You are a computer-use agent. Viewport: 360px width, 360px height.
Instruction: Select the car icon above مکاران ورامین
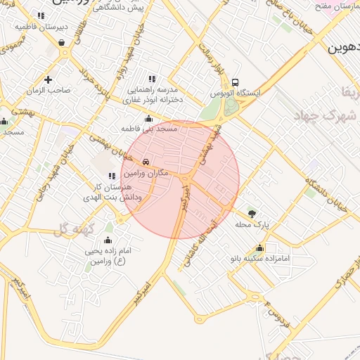[x=146, y=161]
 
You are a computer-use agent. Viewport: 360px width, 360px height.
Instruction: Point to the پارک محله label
[x=252, y=225]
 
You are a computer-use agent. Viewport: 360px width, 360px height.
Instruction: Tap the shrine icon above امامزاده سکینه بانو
[x=260, y=248]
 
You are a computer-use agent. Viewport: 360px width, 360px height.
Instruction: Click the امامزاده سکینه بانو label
[x=260, y=259]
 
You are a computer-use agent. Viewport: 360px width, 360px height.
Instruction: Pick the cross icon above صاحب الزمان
[x=48, y=79]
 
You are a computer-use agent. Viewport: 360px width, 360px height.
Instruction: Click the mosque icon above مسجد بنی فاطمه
[x=149, y=118]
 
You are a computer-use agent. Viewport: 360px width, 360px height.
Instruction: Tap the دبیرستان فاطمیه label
[x=42, y=27]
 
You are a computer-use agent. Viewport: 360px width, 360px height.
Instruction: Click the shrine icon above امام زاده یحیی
[x=108, y=239]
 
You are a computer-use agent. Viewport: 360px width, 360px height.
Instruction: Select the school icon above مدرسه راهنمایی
[x=152, y=79]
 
